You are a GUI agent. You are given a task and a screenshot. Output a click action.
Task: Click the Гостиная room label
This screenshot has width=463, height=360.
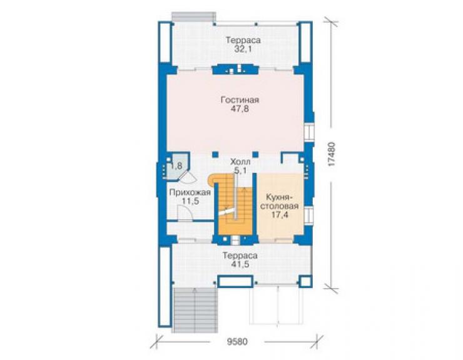pos(240,100)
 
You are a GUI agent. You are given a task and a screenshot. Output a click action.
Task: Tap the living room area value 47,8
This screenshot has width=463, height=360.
pos(240,109)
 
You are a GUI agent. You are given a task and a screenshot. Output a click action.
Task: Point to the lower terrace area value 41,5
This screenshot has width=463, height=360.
pos(240,264)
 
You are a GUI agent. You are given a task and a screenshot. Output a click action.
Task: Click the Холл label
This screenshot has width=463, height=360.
pos(240,162)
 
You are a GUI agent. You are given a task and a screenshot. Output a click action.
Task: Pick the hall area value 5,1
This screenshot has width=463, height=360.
pos(241,170)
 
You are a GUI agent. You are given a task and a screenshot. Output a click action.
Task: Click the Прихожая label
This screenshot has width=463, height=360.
pos(190,193)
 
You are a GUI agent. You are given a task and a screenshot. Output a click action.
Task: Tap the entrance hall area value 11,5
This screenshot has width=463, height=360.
pos(190,202)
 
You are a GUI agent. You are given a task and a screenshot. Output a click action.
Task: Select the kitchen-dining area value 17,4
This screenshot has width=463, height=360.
pos(280,215)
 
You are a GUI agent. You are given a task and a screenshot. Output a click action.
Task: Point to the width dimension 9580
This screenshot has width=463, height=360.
pos(237,342)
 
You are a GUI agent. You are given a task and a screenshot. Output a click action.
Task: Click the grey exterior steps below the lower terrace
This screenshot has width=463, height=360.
pos(195,310)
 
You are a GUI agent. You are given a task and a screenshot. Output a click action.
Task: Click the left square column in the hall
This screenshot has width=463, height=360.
pos(215,154)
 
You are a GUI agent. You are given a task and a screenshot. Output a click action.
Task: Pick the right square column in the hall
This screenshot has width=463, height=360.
pos(255,154)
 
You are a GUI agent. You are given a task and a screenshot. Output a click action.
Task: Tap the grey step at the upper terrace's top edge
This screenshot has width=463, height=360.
pos(194,16)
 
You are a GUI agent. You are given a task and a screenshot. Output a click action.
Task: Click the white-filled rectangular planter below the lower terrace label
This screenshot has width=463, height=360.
pos(235,281)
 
